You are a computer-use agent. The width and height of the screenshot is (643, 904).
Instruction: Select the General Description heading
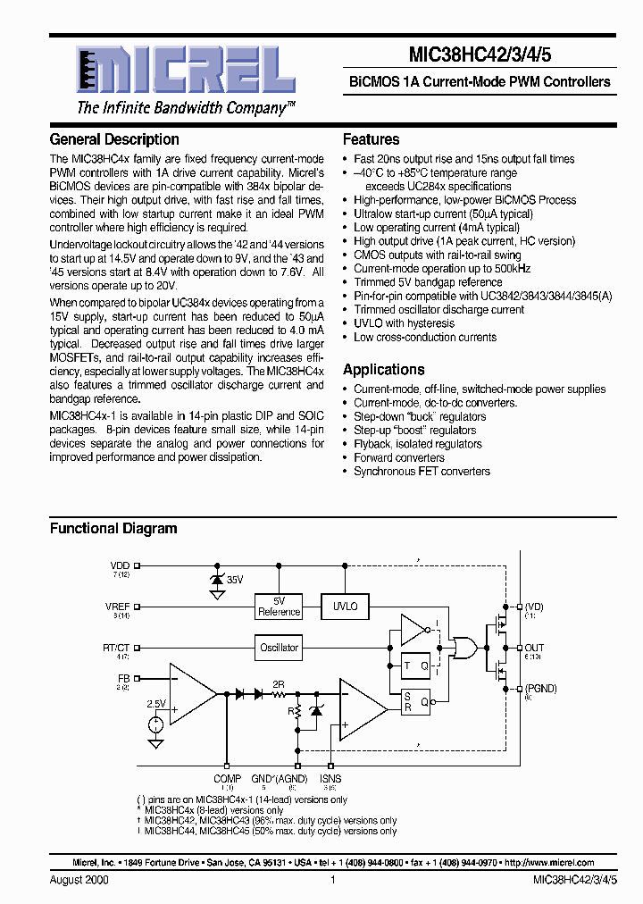(114, 139)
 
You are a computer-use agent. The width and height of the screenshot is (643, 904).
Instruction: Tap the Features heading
(371, 139)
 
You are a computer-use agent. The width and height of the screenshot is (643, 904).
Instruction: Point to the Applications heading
(383, 370)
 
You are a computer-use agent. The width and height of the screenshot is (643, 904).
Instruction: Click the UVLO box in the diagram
(345, 607)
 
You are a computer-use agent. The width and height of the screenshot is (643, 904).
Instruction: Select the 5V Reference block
(279, 607)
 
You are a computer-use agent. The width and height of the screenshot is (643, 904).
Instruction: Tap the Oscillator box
(279, 648)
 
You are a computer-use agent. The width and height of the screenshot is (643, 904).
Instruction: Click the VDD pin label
(120, 565)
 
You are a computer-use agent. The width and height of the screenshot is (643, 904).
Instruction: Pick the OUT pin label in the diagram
(534, 648)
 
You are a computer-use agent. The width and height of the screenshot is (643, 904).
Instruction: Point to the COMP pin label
(227, 779)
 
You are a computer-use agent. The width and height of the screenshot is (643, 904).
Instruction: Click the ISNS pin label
(330, 779)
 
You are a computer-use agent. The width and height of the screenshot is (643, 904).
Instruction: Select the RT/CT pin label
(116, 647)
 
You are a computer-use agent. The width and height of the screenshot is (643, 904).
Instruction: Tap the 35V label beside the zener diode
(234, 580)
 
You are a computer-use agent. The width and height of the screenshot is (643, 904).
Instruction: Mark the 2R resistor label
(278, 683)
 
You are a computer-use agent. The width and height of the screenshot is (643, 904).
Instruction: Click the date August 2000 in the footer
(76, 880)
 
